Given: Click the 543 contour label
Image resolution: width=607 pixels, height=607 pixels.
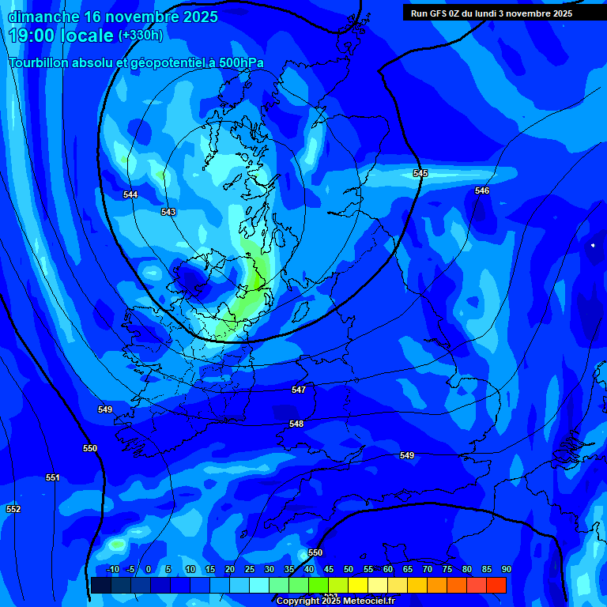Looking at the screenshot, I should click(168, 212).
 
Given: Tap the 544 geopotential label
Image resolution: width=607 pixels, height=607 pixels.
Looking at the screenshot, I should click(130, 194).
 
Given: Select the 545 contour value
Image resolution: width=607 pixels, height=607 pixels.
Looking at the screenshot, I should click(420, 173).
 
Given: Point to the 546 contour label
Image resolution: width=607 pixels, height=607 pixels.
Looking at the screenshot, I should click(482, 190).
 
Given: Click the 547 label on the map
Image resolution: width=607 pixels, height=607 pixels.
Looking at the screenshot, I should click(298, 390).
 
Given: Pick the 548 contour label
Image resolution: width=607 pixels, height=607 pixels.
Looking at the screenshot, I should click(296, 424).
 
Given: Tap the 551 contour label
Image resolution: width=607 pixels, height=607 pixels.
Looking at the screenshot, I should click(52, 477).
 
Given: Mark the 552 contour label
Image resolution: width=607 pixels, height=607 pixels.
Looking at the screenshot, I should click(13, 509).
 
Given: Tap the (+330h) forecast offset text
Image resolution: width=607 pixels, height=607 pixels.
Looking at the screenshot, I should click(141, 36).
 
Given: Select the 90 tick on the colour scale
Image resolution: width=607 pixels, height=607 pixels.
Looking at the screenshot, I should click(506, 569).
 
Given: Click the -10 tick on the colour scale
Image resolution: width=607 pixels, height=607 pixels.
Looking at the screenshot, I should click(111, 569).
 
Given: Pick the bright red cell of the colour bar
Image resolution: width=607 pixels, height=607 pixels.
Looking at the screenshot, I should click(496, 585).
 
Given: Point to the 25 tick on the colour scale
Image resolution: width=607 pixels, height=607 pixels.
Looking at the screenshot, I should click(249, 569).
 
